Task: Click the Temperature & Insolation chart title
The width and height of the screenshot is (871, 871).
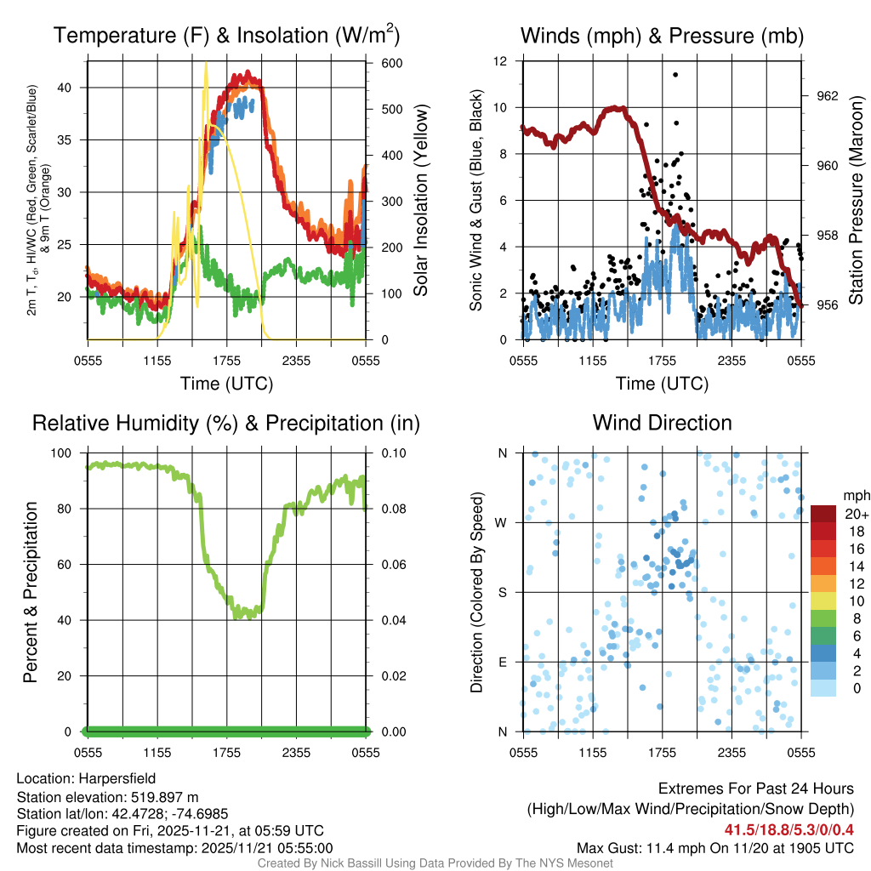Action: point(226,36)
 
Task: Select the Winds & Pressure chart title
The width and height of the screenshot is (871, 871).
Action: point(662,36)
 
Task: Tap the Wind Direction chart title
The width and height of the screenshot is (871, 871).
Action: point(662,423)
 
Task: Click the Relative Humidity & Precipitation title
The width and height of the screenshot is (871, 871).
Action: point(226,423)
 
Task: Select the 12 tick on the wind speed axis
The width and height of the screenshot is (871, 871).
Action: point(501,61)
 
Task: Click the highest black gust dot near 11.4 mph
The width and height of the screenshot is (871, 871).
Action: point(675,75)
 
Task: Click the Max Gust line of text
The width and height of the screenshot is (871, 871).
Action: point(714,848)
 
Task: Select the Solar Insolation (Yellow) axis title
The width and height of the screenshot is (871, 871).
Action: point(420,200)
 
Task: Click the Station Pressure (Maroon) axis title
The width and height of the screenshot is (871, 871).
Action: point(856,200)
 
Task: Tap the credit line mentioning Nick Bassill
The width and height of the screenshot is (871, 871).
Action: point(435,863)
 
